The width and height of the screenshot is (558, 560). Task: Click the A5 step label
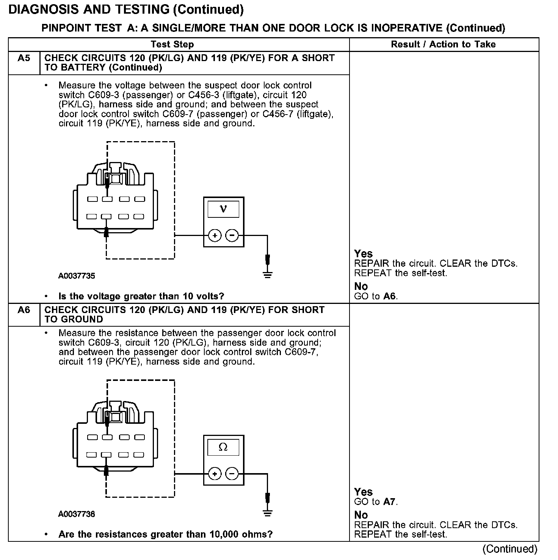point(24,58)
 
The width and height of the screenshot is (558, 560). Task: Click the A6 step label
point(24,310)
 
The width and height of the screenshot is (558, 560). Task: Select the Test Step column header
point(172,44)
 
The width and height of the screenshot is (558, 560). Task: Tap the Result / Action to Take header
point(443,44)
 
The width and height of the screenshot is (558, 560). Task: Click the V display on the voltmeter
point(223,209)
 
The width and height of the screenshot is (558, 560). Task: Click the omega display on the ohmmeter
point(223,447)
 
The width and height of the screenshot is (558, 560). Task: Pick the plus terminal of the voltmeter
point(215,236)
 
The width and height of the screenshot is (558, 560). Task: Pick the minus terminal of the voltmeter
point(232,236)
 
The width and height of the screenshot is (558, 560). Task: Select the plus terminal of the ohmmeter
point(215,474)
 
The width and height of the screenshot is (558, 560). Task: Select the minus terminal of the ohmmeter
point(232,474)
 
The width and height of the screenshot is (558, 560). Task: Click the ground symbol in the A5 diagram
point(268,274)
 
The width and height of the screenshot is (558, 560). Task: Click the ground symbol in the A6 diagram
point(268,513)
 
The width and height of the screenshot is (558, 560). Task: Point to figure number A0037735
point(77,276)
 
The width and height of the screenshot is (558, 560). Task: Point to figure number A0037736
point(77,514)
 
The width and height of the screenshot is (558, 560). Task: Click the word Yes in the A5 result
point(363,254)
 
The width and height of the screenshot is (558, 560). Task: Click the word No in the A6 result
point(361,515)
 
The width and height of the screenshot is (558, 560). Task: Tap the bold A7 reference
point(389,502)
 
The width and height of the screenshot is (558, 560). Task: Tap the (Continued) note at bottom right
point(509,549)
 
